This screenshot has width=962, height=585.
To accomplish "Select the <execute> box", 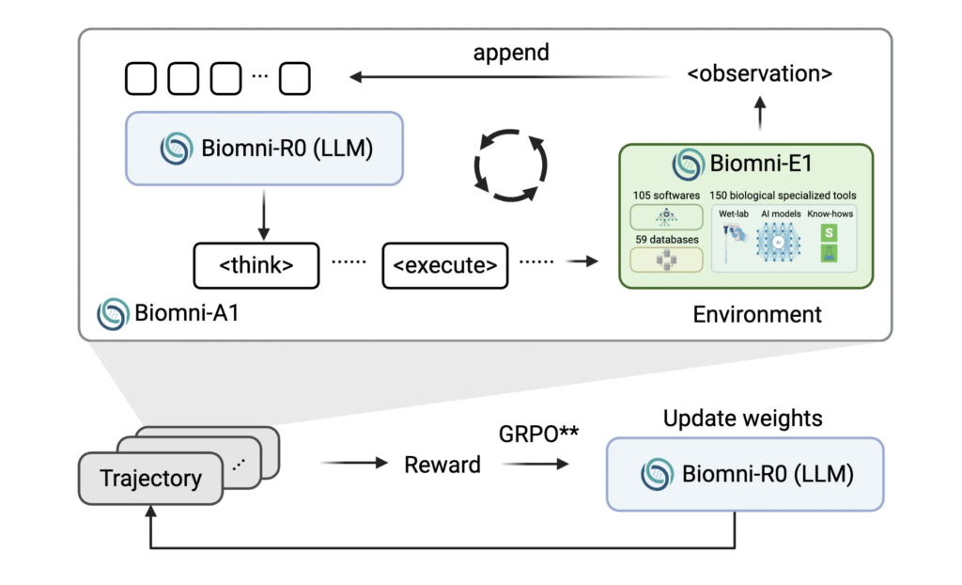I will pos(445,266).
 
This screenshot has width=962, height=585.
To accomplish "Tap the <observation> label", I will pos(759,73).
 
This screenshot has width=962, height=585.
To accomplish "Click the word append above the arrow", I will pos(511,53).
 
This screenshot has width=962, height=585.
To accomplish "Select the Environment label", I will pos(757,314).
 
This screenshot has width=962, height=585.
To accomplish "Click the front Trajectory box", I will pos(150,478).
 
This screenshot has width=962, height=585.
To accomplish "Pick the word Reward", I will pos(442,465).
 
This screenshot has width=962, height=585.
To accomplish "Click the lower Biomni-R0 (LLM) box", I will pos(745,474).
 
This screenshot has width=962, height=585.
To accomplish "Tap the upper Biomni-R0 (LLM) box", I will pos(264,148).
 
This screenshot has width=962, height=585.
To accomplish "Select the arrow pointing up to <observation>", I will pos(760,116).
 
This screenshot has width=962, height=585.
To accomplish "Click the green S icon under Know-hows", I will pos(829,231).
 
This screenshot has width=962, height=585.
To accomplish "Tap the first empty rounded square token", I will pos(141,79).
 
